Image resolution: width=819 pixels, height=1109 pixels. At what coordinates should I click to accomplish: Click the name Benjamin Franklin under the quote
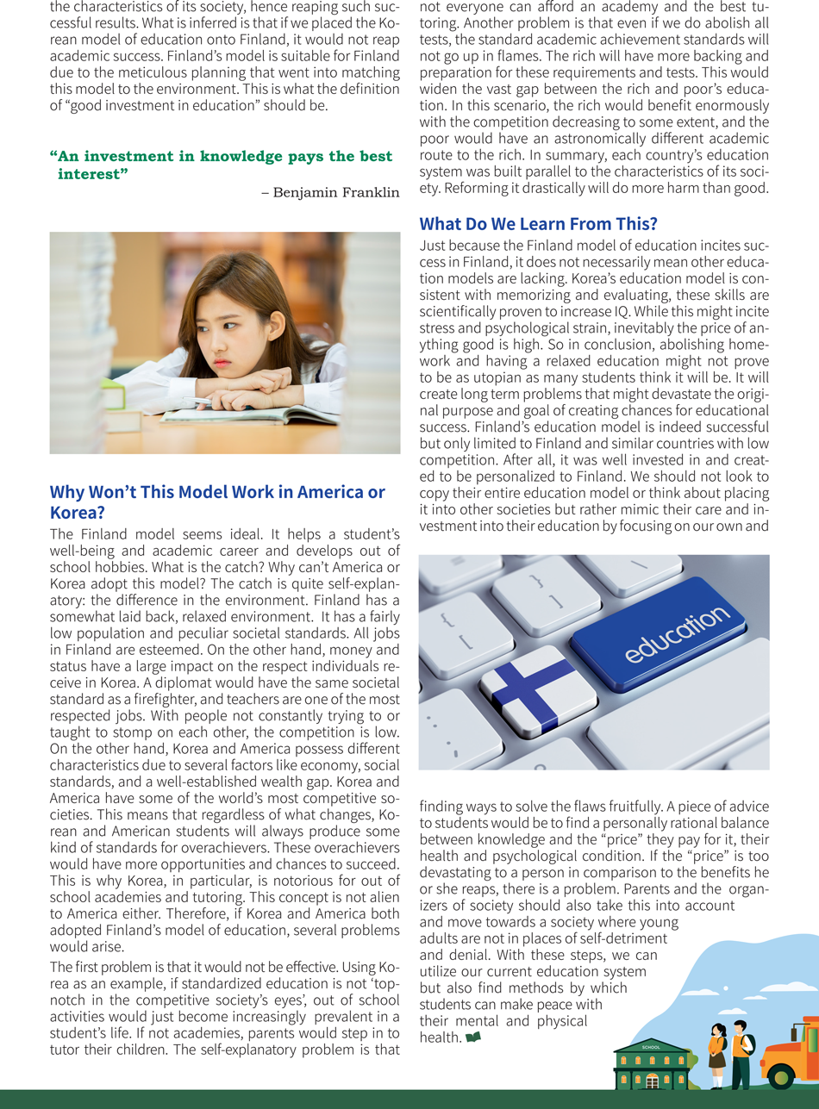click(x=336, y=192)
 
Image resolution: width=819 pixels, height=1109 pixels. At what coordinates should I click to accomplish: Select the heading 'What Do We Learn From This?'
click(x=538, y=224)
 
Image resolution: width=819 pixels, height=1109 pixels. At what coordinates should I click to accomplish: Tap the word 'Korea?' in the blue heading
click(x=78, y=512)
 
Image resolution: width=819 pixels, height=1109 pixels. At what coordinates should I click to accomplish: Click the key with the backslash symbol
click(x=638, y=566)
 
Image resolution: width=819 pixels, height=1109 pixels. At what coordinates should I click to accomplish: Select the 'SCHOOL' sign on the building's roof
click(x=651, y=1047)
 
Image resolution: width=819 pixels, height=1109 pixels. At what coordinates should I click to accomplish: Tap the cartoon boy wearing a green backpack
click(x=740, y=1051)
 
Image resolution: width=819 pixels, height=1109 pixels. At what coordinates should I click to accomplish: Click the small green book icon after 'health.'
click(x=472, y=1037)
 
